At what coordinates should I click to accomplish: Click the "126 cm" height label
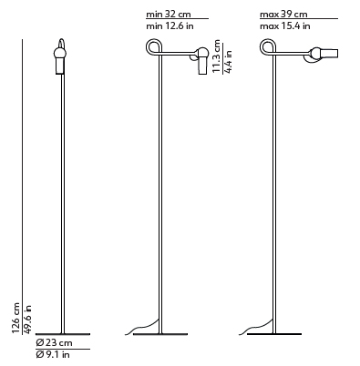pyautogui.click(x=15, y=318)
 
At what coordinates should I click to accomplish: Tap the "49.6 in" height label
pyautogui.click(x=27, y=319)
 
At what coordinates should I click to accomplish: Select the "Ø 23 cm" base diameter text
pyautogui.click(x=54, y=343)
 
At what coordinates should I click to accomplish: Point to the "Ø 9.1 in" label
pyautogui.click(x=53, y=354)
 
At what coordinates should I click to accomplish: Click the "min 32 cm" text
pyautogui.click(x=169, y=15)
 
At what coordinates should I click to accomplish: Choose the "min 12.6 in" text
pyautogui.click(x=170, y=26)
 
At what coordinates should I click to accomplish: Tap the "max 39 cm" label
pyautogui.click(x=283, y=15)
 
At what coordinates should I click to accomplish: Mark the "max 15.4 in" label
pyautogui.click(x=285, y=26)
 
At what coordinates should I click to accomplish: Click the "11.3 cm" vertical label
pyautogui.click(x=216, y=56)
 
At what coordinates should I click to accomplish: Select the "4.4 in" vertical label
pyautogui.click(x=228, y=62)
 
